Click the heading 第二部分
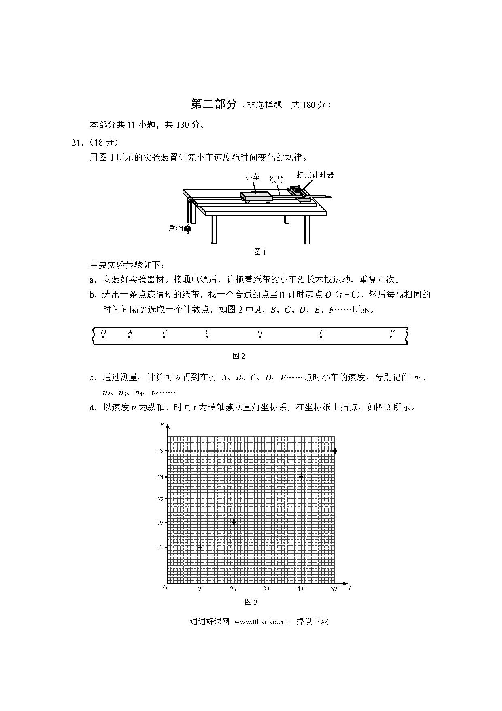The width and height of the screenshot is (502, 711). coord(213,104)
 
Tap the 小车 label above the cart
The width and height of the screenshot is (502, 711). coord(253,177)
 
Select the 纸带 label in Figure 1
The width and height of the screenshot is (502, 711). coord(276,180)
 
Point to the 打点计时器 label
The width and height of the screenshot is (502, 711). coord(315,175)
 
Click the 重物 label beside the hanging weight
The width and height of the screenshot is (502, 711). coord(175,228)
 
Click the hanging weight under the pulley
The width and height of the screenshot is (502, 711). coord(187,229)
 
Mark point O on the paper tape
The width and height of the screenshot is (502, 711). coord(103,336)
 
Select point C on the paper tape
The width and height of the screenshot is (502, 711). coord(208,336)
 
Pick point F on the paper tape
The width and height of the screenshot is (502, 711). coord(391,336)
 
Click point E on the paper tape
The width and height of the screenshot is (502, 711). coord(321,336)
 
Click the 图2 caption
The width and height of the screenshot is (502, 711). coord(239,356)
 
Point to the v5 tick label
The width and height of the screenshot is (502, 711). coord(160,450)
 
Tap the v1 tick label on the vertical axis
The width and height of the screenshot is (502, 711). coord(160,547)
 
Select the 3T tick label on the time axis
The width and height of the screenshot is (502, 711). coord(267,589)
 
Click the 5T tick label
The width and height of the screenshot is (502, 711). coord(334,589)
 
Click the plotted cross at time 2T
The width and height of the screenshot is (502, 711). coord(234,522)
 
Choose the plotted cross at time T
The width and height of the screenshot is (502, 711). coord(200,547)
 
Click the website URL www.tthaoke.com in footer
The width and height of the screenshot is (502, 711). coord(263,621)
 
